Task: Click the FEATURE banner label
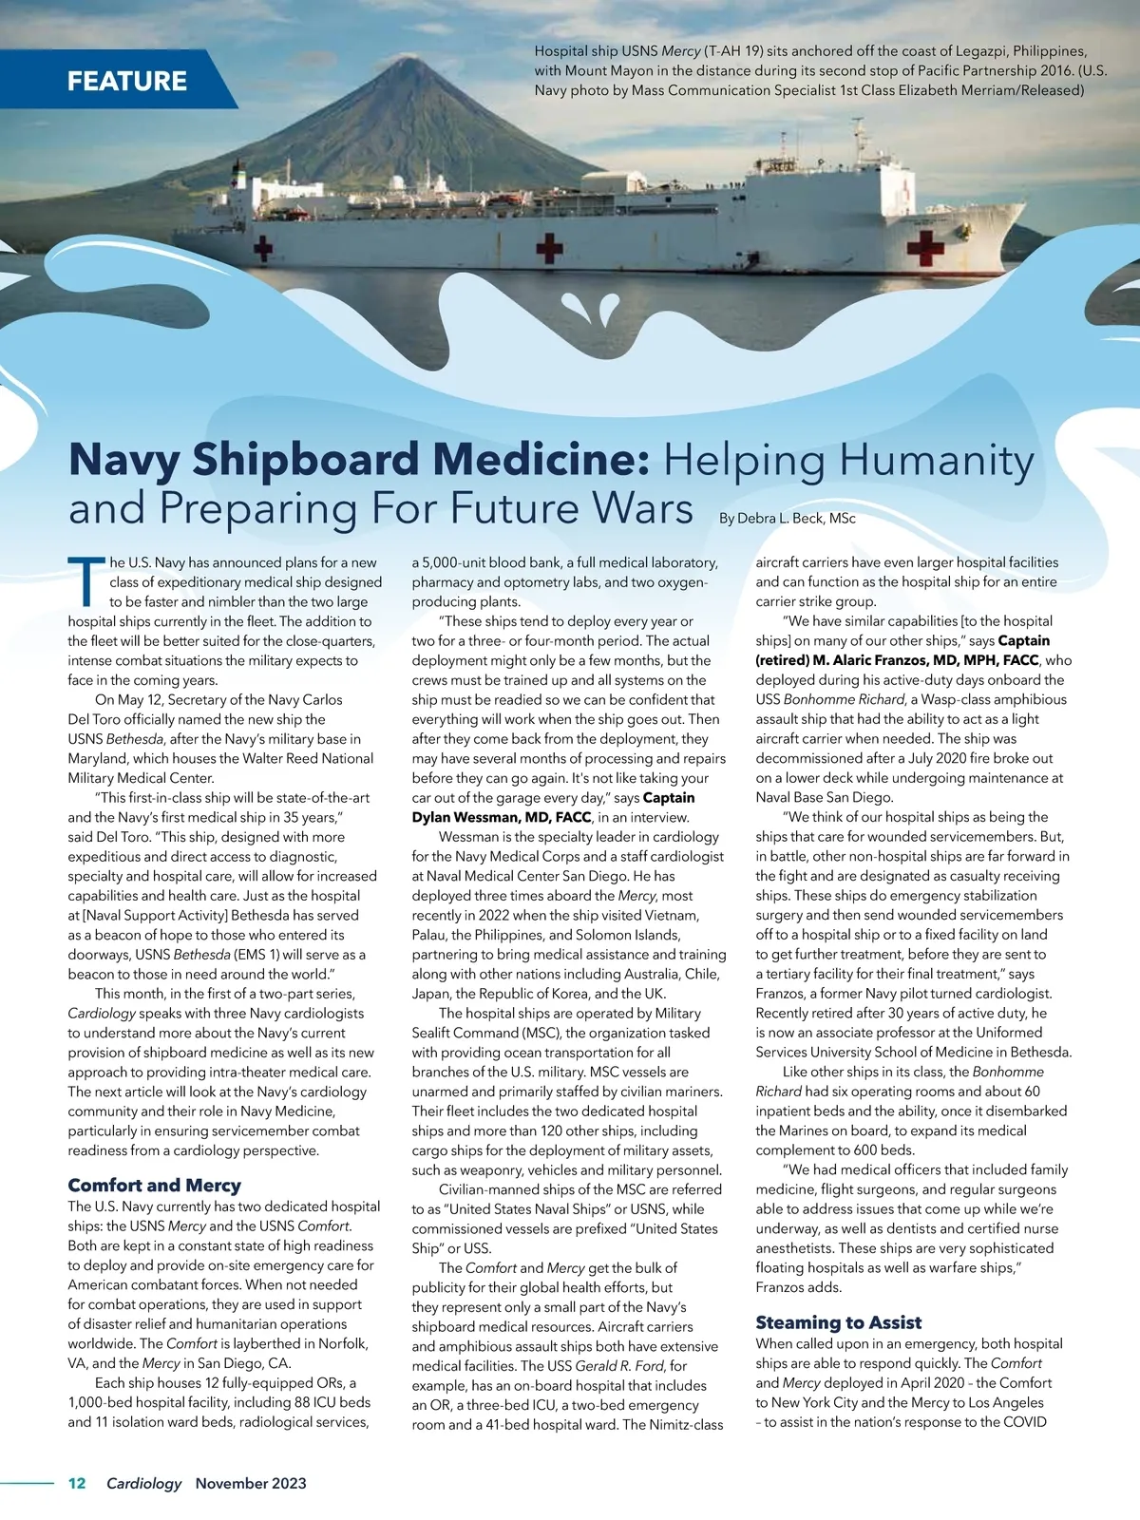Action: click(x=126, y=81)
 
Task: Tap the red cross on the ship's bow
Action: click(x=924, y=248)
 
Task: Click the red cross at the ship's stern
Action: click(x=263, y=249)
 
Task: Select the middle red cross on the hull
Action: click(x=549, y=248)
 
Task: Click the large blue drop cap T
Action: click(x=85, y=581)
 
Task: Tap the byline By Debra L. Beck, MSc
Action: click(x=787, y=518)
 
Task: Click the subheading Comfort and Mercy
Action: click(x=154, y=1185)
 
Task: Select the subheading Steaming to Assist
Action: click(x=838, y=1321)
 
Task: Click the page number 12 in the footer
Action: click(x=77, y=1483)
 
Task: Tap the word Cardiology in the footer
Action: click(x=143, y=1483)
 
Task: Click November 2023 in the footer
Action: click(x=251, y=1483)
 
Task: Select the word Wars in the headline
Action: click(x=643, y=508)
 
